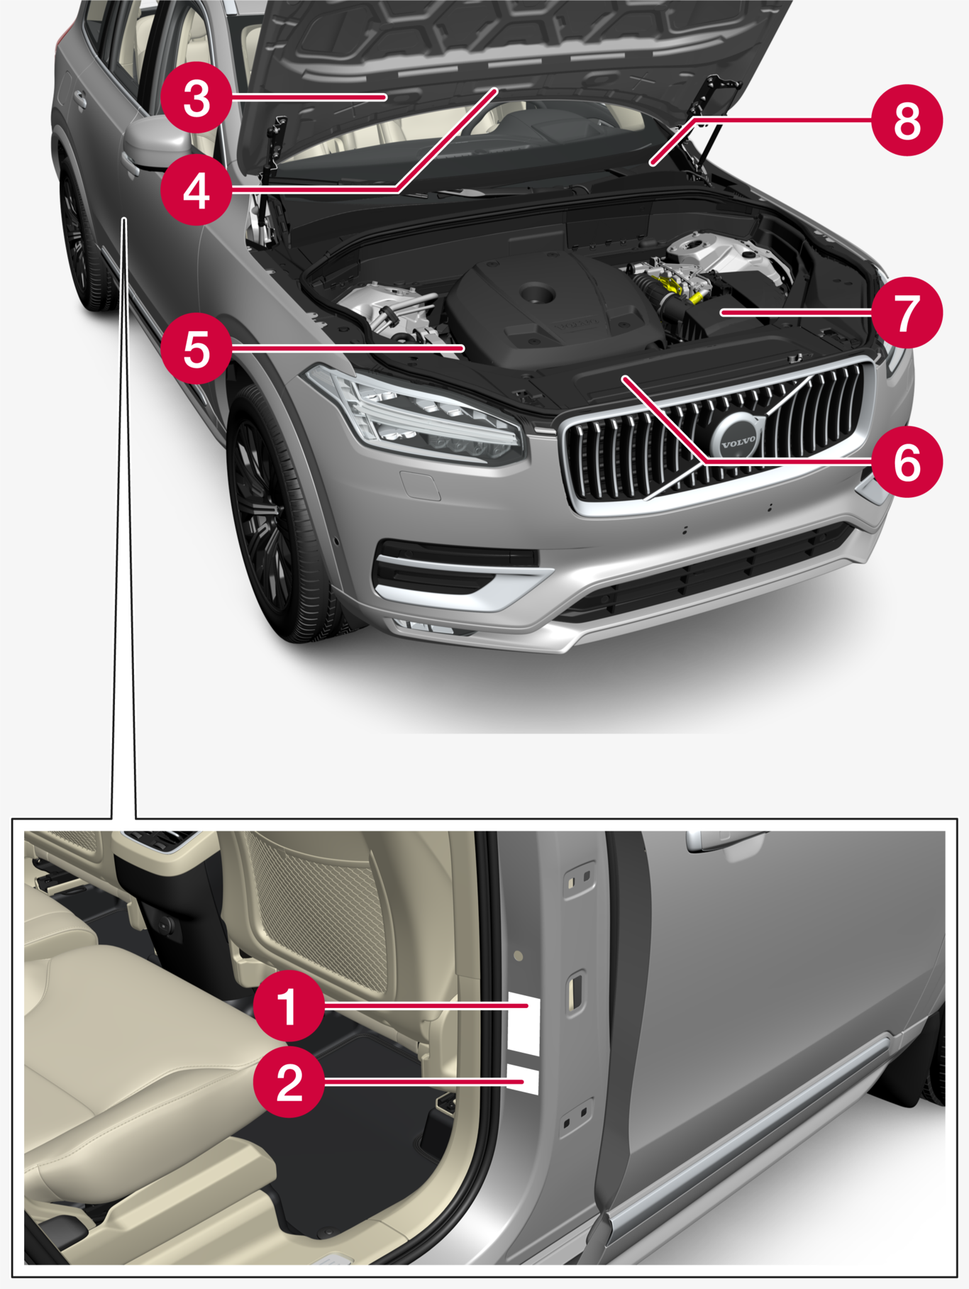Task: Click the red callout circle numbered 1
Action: tap(289, 1005)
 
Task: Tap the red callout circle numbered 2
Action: tap(289, 1082)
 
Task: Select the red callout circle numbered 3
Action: tap(196, 98)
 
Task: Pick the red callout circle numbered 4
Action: tap(196, 190)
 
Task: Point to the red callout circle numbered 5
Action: tap(196, 348)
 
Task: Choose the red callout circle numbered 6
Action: tap(907, 462)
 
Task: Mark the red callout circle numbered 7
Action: tap(907, 312)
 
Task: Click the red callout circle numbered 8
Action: tap(907, 120)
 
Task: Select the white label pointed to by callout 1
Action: tap(525, 1024)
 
